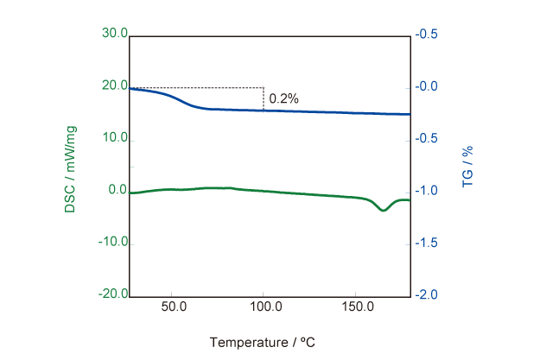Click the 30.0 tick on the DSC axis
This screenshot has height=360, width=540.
[x=114, y=34]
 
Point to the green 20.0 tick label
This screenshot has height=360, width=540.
[x=114, y=86]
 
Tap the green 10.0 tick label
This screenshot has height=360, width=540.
[x=114, y=138]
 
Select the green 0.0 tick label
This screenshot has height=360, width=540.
[x=117, y=191]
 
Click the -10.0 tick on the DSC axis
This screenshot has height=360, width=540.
[x=112, y=243]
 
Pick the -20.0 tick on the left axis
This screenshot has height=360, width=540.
[x=112, y=294]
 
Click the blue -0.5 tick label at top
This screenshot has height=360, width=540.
[x=426, y=35]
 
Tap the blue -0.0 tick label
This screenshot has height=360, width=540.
[x=426, y=87]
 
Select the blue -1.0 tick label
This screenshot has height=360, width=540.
[x=426, y=191]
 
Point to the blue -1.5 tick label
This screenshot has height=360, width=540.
[x=426, y=243]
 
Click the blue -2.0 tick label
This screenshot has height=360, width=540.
[x=426, y=295]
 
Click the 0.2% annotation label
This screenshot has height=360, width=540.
[x=283, y=98]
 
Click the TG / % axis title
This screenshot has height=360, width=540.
[x=467, y=167]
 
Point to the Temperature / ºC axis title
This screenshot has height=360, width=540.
[x=262, y=342]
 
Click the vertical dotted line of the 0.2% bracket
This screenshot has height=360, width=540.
[x=264, y=98]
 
